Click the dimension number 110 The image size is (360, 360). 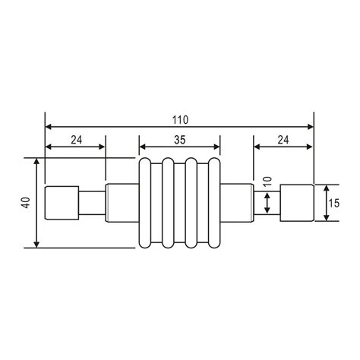pos(180,119)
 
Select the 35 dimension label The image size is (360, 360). pos(180,140)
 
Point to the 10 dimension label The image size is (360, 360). pos(267,182)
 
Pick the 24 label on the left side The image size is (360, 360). pos(75,140)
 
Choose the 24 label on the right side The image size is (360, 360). pos(283,140)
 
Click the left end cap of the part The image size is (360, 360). pos(60,203)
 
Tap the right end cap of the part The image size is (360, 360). pos(297,203)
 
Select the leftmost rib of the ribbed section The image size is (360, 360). pos(146,203)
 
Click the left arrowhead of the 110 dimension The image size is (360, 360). pos(49,126)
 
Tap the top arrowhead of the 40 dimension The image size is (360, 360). pos(36,162)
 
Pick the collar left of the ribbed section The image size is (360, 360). pos(121,203)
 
